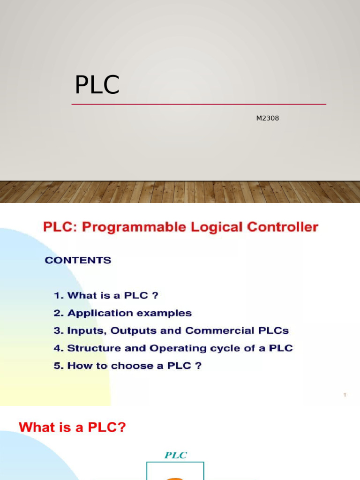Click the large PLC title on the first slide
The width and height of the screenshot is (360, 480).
pos(97,85)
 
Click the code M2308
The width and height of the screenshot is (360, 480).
pos(267,118)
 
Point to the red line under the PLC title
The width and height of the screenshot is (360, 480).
pos(199,104)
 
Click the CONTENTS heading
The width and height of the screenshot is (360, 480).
pos(78,260)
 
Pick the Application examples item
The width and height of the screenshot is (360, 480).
pos(129,313)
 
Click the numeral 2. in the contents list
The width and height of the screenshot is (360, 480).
pos(58,313)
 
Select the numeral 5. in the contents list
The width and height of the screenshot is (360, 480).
pos(58,366)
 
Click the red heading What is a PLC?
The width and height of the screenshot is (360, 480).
pos(72,427)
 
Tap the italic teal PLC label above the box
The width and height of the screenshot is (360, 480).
pos(175,455)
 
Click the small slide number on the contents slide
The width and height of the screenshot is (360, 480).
pos(345,395)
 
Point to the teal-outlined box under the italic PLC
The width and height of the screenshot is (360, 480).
pos(175,471)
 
